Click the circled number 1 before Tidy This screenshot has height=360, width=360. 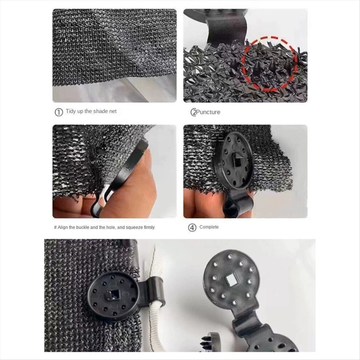[x=59, y=112]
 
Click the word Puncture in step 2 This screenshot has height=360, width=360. [x=208, y=112]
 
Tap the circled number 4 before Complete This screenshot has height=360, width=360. [x=192, y=228]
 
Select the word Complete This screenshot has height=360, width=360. [x=209, y=227]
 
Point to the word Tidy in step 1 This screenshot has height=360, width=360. [x=71, y=111]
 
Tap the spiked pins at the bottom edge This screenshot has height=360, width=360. [x=205, y=341]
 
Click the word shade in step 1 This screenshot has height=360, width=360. [x=100, y=111]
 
